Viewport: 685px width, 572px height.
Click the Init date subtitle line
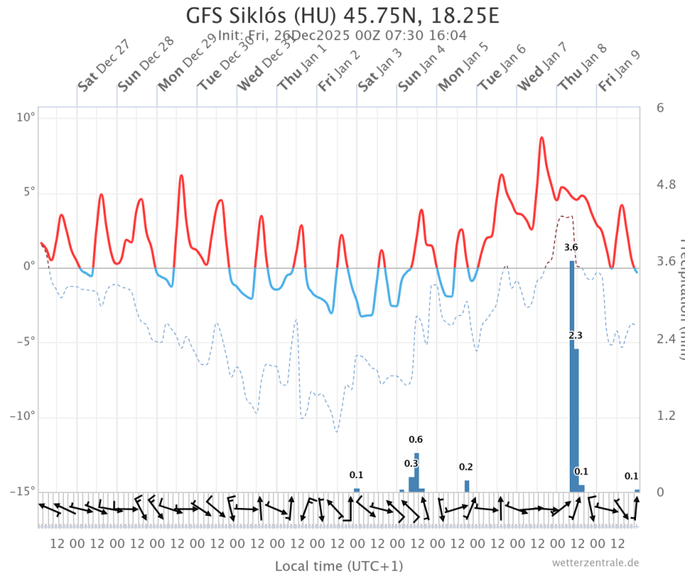click(341, 35)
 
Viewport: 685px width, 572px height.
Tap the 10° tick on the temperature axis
click(26, 118)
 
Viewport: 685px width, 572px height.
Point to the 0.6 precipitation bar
click(417, 472)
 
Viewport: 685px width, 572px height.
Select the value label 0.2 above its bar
click(466, 467)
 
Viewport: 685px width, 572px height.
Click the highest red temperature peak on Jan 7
click(541, 138)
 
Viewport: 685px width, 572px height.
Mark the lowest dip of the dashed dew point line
click(336, 431)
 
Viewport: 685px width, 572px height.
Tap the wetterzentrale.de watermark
click(595, 562)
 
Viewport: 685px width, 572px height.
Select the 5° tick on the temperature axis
click(28, 192)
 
